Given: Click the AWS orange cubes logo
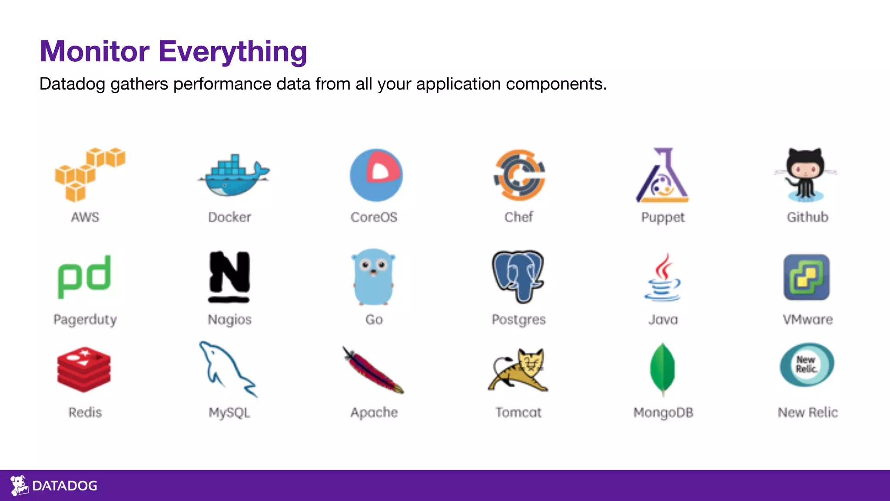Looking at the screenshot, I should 89,174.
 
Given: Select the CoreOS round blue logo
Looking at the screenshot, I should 376,175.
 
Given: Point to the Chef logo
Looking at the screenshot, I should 519,175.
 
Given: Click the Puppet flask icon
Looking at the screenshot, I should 663,176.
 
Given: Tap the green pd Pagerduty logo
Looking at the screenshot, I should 84,276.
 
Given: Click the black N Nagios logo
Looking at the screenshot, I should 229,277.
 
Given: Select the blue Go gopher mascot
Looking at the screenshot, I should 374,277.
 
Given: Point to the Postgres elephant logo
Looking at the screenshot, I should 518,276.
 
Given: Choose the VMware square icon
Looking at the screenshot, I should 807,277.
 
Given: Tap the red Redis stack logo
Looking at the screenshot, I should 84,369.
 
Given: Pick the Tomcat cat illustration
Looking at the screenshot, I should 518,370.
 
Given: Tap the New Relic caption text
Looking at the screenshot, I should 807,412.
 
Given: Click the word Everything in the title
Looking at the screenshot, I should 232,52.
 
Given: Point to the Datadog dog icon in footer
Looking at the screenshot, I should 19,485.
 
